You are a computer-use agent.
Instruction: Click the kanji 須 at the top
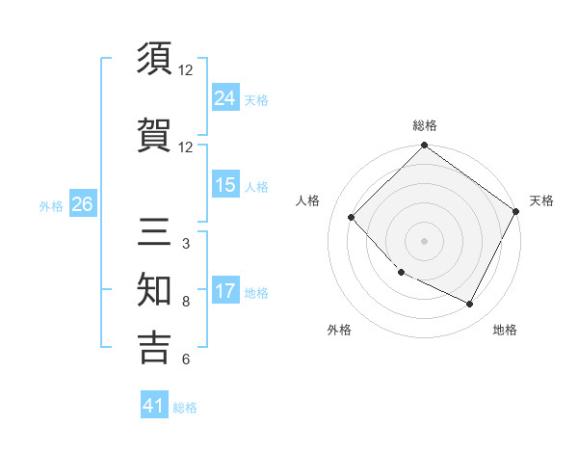pyautogui.click(x=154, y=61)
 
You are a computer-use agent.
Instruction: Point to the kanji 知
pyautogui.click(x=154, y=291)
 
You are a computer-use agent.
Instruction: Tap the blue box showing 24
pyautogui.click(x=224, y=98)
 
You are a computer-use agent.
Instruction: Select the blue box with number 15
pyautogui.click(x=224, y=186)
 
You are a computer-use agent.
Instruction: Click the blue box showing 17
pyautogui.click(x=224, y=292)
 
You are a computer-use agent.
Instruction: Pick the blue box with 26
pyautogui.click(x=82, y=204)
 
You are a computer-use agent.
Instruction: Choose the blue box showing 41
pyautogui.click(x=154, y=407)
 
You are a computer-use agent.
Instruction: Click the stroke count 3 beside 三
pyautogui.click(x=185, y=244)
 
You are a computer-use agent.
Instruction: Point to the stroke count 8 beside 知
pyautogui.click(x=185, y=302)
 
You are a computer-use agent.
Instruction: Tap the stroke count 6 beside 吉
pyautogui.click(x=185, y=360)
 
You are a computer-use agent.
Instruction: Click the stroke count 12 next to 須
pyautogui.click(x=186, y=70)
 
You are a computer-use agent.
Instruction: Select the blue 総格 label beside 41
pyautogui.click(x=185, y=408)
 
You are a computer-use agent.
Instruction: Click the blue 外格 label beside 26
pyautogui.click(x=51, y=205)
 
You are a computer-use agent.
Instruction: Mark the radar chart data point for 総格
pyautogui.click(x=424, y=147)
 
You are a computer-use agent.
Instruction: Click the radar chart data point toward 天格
pyautogui.click(x=516, y=211)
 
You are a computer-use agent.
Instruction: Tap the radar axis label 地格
pyautogui.click(x=505, y=331)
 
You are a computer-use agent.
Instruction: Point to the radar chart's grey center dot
pyautogui.click(x=424, y=241)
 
